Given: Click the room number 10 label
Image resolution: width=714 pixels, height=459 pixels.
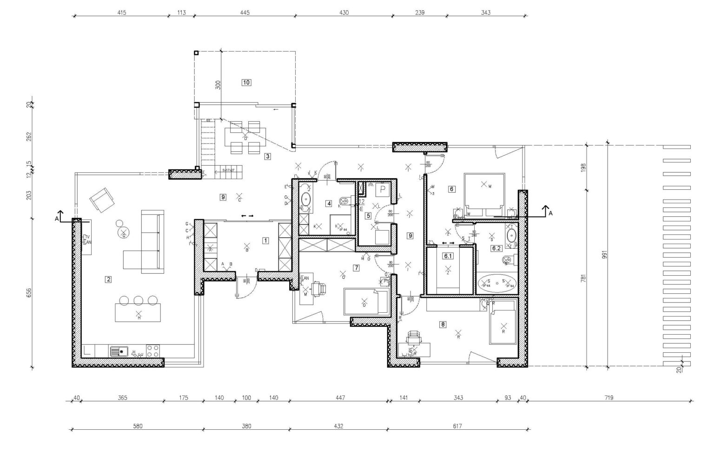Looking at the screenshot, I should click(246, 83).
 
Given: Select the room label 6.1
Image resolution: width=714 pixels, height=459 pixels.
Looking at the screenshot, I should click(448, 256).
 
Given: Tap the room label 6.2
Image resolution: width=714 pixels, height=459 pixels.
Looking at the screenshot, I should click(496, 248).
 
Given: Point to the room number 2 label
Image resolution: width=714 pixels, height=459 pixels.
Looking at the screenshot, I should click(109, 279).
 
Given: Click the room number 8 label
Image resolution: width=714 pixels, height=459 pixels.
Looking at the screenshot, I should click(443, 325).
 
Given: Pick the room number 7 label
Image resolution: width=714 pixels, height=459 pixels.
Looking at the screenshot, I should click(356, 268).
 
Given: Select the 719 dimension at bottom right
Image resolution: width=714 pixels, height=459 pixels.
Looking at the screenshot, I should click(609, 398).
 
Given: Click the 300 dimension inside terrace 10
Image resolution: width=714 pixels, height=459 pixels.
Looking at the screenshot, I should click(218, 85).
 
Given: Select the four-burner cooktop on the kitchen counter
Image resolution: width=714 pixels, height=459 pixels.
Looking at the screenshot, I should click(153, 350).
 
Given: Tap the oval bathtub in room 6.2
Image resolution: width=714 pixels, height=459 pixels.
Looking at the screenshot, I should click(496, 283).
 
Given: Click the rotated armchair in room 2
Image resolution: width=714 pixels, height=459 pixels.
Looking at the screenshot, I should click(102, 200).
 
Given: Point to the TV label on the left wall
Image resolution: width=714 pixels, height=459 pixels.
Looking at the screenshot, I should click(87, 237).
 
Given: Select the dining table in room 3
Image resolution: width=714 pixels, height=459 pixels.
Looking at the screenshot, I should click(245, 137).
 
